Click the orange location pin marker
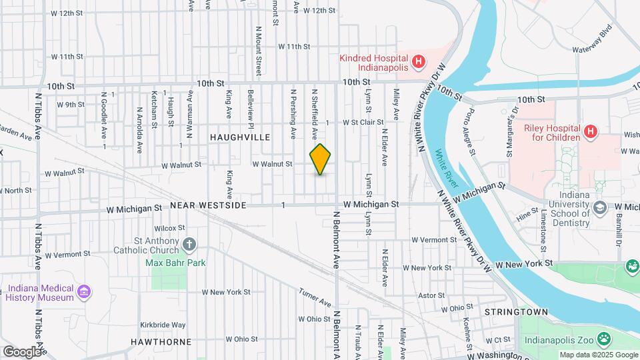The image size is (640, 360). point(321,159)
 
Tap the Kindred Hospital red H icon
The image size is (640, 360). point(418,63)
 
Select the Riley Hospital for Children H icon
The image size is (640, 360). point(590,132)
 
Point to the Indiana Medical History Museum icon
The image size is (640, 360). point(84,292)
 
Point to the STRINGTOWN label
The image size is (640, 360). point(516,312)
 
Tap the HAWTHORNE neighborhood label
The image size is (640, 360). point(161,342)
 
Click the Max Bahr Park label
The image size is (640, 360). point(175,263)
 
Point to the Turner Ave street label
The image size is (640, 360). point(314,298)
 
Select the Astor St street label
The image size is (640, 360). point(431,295)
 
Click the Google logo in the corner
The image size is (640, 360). point(22,351)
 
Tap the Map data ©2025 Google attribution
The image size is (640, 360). point(597,355)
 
